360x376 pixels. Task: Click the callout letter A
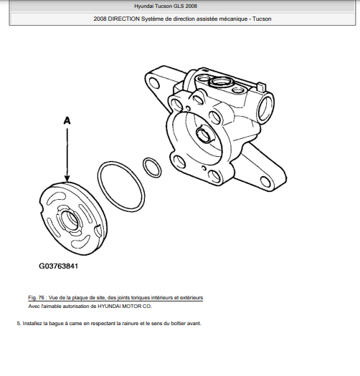[67, 120]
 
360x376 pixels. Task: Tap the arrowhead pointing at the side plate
[67, 178]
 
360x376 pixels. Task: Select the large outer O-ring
[121, 186]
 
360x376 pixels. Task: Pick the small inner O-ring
[152, 168]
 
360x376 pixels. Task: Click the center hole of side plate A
[70, 220]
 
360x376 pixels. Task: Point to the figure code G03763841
[58, 266]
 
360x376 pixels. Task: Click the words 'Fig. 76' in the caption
[37, 298]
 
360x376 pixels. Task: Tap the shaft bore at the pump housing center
[204, 135]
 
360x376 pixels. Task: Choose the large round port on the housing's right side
[265, 106]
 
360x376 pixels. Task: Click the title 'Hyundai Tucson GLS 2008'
[166, 6]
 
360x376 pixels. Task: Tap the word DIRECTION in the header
[123, 19]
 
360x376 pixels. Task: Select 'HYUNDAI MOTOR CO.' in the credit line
[124, 307]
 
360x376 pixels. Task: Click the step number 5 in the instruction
[19, 324]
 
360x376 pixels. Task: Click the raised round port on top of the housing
[219, 82]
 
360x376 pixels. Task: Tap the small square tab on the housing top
[261, 87]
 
